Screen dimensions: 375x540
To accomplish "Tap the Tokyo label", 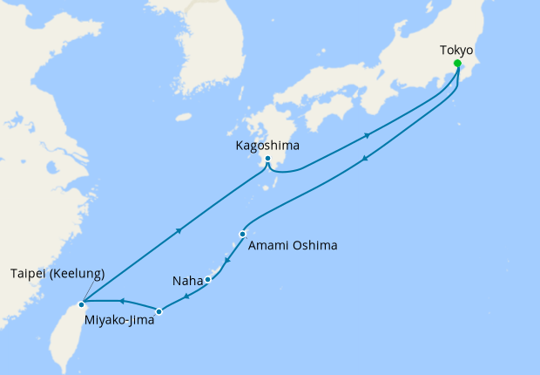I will pyautogui.click(x=456, y=50).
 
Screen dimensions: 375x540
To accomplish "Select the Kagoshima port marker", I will pyautogui.click(x=268, y=159).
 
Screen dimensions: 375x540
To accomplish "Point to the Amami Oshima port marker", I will pyautogui.click(x=242, y=234).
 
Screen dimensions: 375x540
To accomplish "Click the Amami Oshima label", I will pyautogui.click(x=293, y=246).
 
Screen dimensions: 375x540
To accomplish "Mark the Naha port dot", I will pyautogui.click(x=208, y=279).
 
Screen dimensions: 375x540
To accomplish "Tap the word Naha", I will pyautogui.click(x=187, y=281).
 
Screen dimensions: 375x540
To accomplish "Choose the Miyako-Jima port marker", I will pyautogui.click(x=159, y=310).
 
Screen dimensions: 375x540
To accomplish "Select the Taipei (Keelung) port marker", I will pyautogui.click(x=81, y=304).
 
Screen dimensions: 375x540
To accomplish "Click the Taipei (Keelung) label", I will pyautogui.click(x=57, y=273).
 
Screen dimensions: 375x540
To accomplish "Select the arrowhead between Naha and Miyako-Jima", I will pyautogui.click(x=186, y=296).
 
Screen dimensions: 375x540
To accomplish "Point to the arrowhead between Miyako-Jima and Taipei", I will pyautogui.click(x=122, y=302).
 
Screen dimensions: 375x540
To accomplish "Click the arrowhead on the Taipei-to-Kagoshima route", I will pyautogui.click(x=179, y=231).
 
